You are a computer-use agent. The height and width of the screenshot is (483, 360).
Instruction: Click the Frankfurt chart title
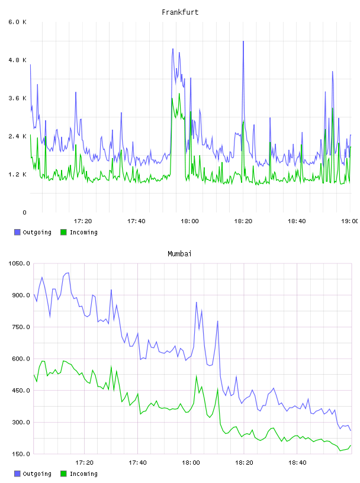click(x=180, y=12)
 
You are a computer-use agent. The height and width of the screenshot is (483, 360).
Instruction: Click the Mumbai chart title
click(x=179, y=254)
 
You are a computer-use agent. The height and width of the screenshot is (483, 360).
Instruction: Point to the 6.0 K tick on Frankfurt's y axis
click(x=17, y=22)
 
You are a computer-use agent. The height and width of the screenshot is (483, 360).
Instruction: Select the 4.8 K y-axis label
click(x=17, y=60)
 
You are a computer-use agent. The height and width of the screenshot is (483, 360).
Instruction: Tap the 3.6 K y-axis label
click(x=17, y=98)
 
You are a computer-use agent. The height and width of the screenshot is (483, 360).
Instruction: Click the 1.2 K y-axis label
click(x=17, y=175)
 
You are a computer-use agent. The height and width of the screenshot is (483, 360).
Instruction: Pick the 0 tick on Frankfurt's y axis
click(x=24, y=212)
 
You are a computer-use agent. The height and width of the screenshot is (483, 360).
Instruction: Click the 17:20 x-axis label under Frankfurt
click(x=83, y=221)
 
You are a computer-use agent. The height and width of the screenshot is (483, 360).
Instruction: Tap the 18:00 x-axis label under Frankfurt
click(x=189, y=221)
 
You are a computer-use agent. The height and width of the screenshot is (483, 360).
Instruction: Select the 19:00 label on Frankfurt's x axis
click(x=350, y=221)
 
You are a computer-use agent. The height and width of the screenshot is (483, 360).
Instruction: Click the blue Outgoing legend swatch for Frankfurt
click(x=17, y=232)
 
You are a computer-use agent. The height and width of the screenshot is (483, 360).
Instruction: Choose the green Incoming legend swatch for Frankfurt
click(x=63, y=232)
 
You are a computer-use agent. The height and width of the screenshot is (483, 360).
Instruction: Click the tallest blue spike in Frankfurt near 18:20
click(x=243, y=41)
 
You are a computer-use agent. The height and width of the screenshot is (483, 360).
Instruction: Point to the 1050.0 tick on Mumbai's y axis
click(x=19, y=263)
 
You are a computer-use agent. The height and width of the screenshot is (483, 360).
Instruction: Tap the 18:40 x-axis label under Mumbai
click(x=297, y=463)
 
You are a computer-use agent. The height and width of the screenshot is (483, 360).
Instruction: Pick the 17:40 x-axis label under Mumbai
click(x=137, y=463)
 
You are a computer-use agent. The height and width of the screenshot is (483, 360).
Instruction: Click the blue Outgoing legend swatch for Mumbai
click(x=17, y=474)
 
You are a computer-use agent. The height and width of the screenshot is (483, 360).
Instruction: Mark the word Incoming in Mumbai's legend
click(x=83, y=474)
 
